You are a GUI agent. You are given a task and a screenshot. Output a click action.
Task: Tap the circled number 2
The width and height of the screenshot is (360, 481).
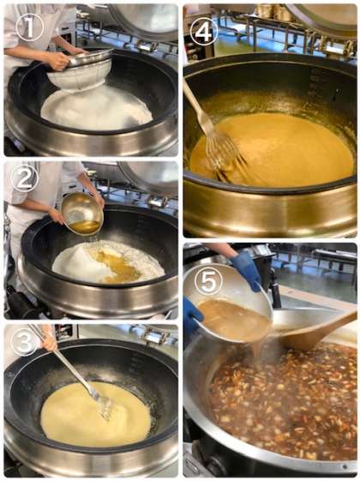coord(24,178)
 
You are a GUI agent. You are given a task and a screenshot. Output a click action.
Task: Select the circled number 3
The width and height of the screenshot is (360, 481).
coord(24,341)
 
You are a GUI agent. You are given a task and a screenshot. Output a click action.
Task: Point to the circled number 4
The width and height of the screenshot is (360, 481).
coord(204,31)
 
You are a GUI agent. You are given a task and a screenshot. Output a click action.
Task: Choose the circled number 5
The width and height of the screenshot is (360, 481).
coord(208,281)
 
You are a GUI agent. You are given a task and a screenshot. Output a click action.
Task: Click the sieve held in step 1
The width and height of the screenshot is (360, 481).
coord(81,71)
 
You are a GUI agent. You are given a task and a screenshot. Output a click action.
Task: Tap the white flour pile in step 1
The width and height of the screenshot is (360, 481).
coord(97,109)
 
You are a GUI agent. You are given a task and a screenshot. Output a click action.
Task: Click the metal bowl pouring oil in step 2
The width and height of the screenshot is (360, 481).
coord(82,213)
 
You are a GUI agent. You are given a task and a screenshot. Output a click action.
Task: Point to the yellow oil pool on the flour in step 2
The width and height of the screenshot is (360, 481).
coord(116,266)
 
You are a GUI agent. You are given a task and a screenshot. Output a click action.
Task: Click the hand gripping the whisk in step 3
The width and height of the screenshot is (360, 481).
coord(49,340)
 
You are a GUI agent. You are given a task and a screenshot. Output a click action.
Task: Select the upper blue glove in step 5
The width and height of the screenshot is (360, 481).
coord(246,271)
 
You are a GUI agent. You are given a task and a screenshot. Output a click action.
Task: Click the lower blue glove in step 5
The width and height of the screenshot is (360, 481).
coord(192,316)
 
